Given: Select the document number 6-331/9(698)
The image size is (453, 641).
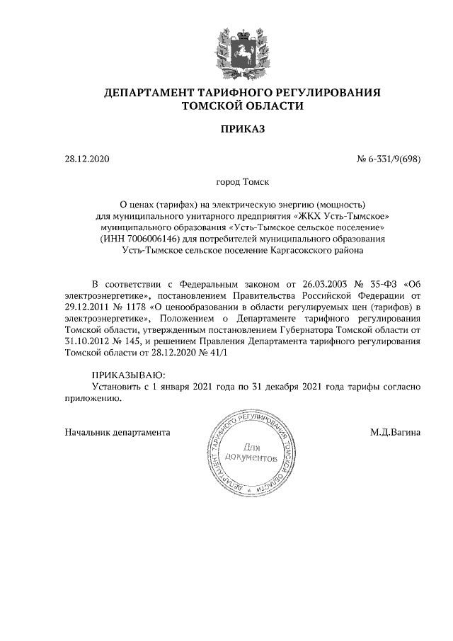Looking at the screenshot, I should [x=393, y=159].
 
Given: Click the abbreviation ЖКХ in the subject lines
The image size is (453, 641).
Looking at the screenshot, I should [x=309, y=216].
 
